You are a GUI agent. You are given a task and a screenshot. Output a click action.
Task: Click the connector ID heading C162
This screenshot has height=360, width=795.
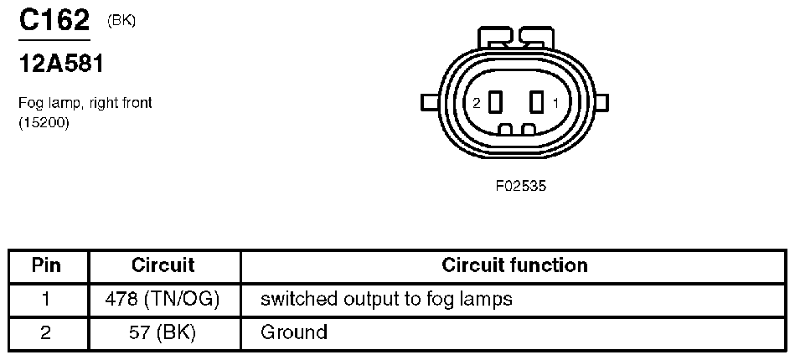[x=54, y=20]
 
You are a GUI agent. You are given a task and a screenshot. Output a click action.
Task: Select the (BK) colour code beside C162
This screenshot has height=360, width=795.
[x=122, y=22]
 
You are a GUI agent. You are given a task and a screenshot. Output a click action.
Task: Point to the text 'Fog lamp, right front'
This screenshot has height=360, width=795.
[x=85, y=103]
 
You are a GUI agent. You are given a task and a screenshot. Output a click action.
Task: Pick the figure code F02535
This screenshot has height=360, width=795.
[x=521, y=187]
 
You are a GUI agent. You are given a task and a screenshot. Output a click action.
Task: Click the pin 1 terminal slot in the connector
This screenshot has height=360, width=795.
[x=537, y=102]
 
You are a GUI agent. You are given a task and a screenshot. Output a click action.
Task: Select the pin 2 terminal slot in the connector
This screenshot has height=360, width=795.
[x=495, y=102]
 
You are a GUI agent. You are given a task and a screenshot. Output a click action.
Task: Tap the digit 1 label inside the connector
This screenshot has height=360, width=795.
[x=556, y=103]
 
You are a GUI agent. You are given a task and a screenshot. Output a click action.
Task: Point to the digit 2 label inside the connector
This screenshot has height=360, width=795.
[x=476, y=103]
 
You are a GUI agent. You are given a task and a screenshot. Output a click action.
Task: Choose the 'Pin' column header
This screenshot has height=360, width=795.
[x=47, y=265]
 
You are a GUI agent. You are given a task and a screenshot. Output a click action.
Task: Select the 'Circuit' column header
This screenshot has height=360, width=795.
[x=163, y=265]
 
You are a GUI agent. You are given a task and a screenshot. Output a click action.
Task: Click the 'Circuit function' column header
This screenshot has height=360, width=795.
[x=514, y=265]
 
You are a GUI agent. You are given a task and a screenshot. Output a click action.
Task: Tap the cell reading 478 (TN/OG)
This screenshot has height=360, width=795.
[x=163, y=299]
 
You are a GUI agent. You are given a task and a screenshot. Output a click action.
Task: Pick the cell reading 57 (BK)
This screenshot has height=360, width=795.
[x=163, y=332]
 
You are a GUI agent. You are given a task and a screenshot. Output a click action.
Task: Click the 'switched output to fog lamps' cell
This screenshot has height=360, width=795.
[x=386, y=299]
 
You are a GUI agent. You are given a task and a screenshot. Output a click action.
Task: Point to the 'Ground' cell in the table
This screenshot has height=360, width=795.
[x=294, y=332]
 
